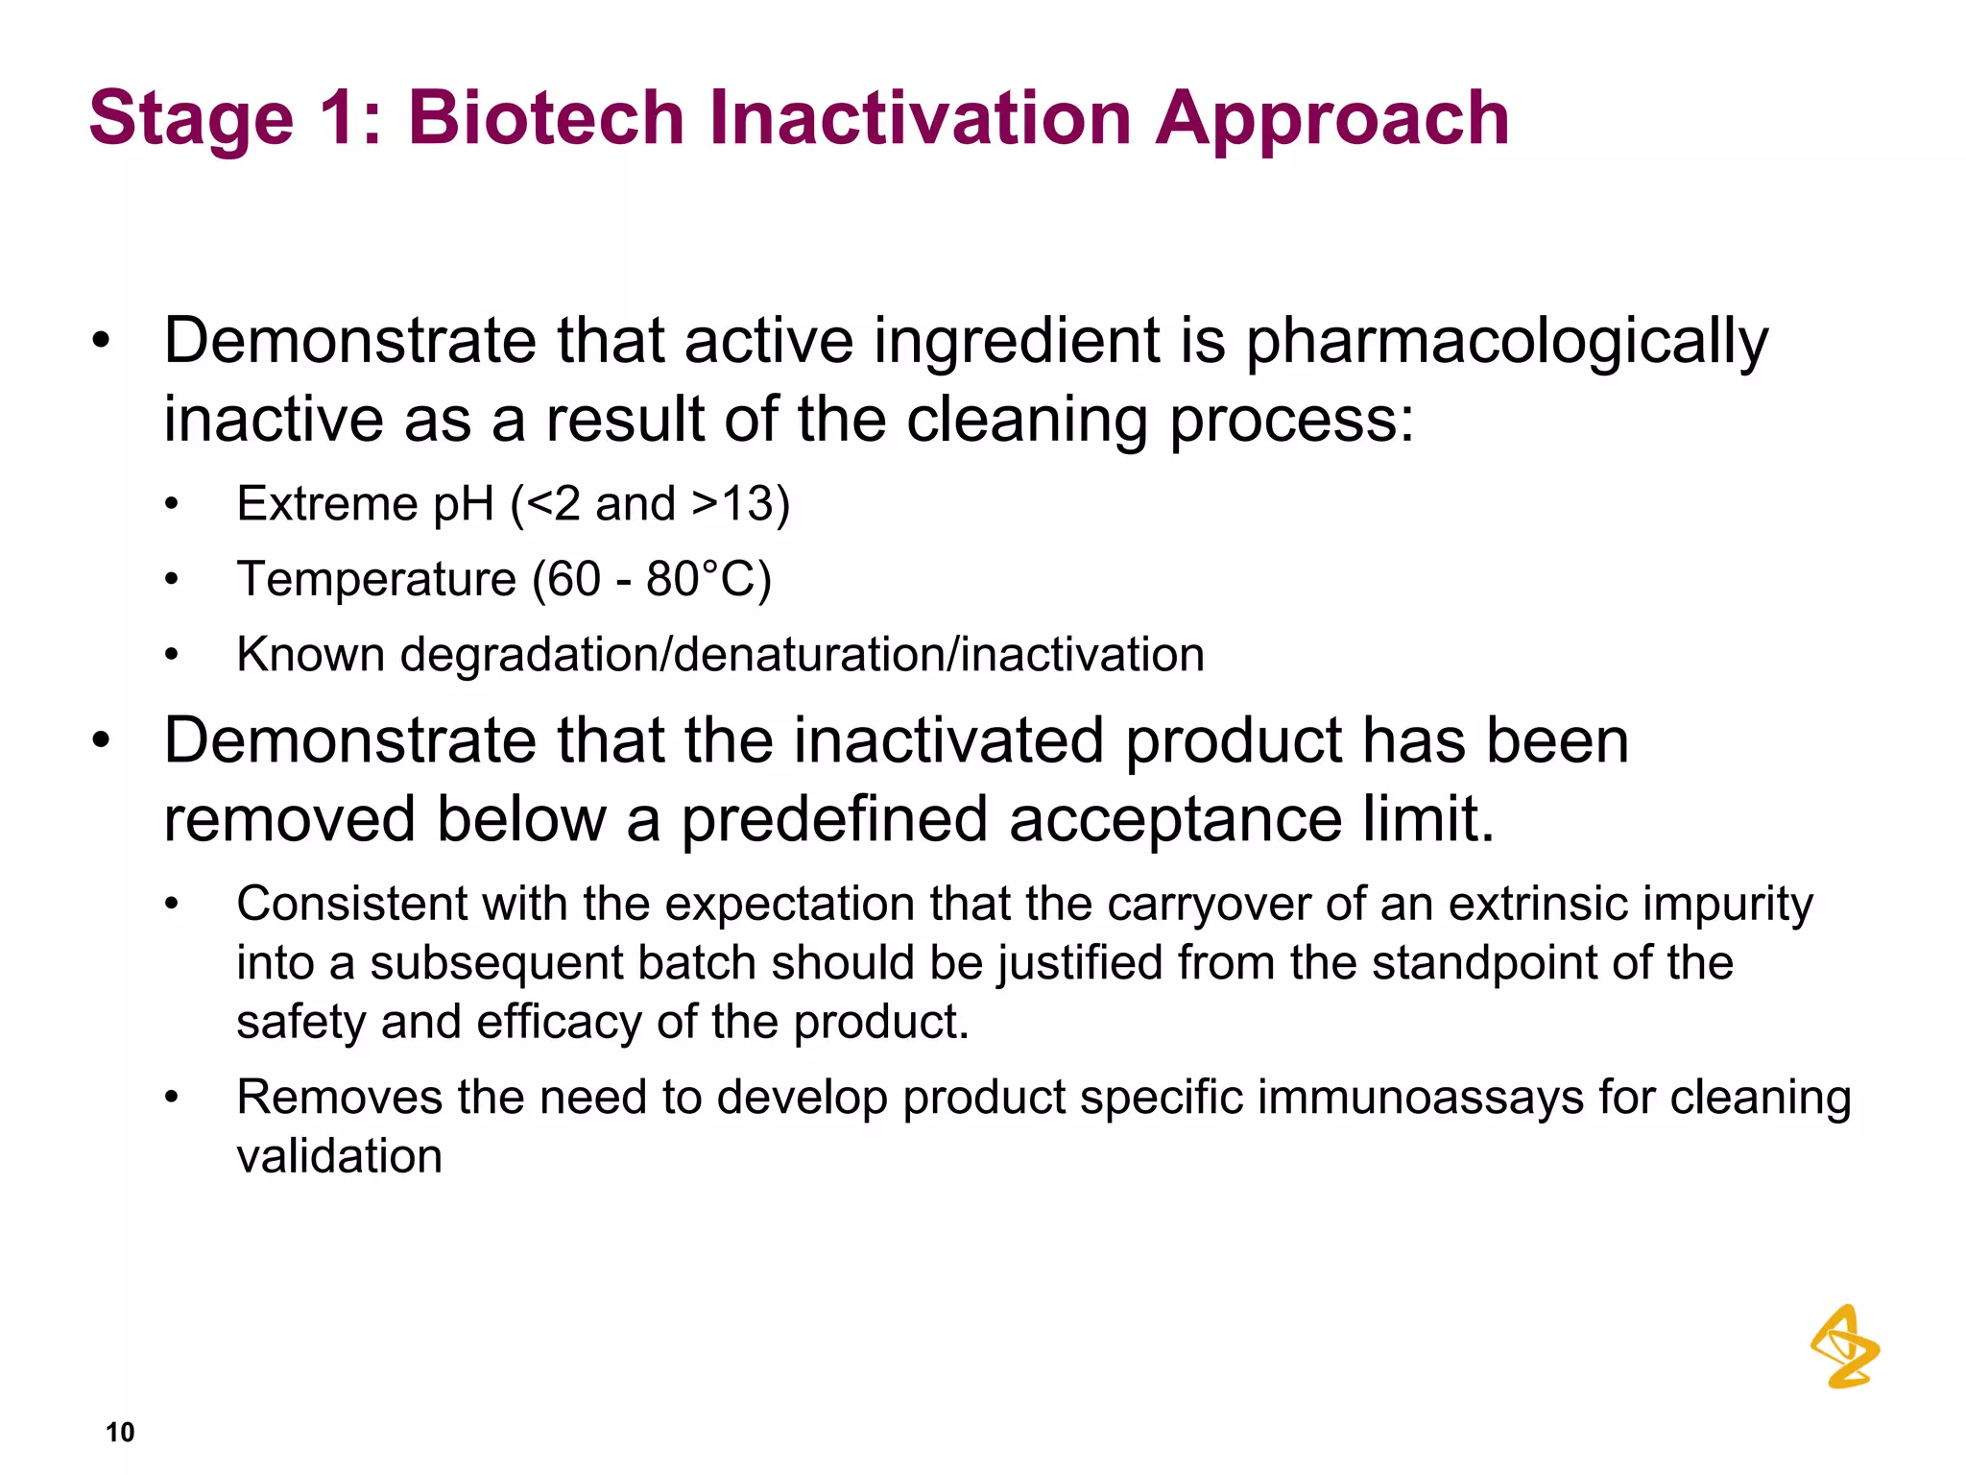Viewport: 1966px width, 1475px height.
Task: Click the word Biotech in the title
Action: point(545,118)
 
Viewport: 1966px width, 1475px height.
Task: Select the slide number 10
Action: point(120,1432)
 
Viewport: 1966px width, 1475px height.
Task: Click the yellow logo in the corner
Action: point(1844,1346)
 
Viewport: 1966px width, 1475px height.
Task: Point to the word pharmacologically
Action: point(1506,344)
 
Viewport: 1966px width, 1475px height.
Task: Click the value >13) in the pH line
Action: point(741,504)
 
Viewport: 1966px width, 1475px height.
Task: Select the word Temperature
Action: point(376,579)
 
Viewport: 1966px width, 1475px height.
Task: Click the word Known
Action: point(311,655)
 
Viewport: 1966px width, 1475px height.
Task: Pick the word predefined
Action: point(834,820)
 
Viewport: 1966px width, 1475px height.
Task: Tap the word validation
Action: point(339,1156)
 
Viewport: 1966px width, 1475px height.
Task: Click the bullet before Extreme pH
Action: point(172,505)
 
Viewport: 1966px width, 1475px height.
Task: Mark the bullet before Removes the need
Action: point(172,1098)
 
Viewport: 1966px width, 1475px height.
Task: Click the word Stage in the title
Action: point(191,120)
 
